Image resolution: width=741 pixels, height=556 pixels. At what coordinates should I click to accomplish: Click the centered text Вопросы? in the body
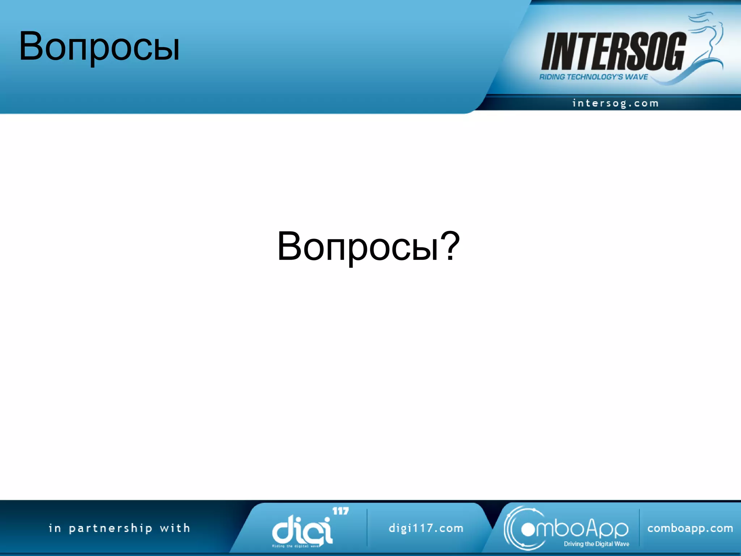click(368, 247)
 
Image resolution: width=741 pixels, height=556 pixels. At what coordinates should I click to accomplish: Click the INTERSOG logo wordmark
click(614, 51)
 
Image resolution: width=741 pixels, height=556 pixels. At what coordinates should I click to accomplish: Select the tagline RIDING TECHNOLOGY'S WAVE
click(593, 77)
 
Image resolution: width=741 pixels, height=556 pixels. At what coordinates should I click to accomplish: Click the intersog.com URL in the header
click(615, 104)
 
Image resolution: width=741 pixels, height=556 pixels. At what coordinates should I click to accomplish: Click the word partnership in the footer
click(111, 528)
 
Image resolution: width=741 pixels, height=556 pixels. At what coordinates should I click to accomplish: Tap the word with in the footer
click(175, 528)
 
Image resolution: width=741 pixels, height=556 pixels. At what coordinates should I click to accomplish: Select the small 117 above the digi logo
click(340, 511)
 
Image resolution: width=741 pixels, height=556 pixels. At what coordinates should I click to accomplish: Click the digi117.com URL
click(426, 528)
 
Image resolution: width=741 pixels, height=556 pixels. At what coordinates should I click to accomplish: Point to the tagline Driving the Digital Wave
click(596, 544)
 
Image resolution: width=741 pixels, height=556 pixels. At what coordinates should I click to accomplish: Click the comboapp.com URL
click(690, 528)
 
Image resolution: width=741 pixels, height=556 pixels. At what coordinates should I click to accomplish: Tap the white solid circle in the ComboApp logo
click(528, 530)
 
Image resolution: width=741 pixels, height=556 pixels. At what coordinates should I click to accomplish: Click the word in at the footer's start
click(55, 528)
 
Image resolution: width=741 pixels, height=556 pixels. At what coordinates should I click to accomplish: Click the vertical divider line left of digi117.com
click(367, 528)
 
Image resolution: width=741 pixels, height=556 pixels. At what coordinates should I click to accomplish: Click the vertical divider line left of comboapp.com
click(639, 528)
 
